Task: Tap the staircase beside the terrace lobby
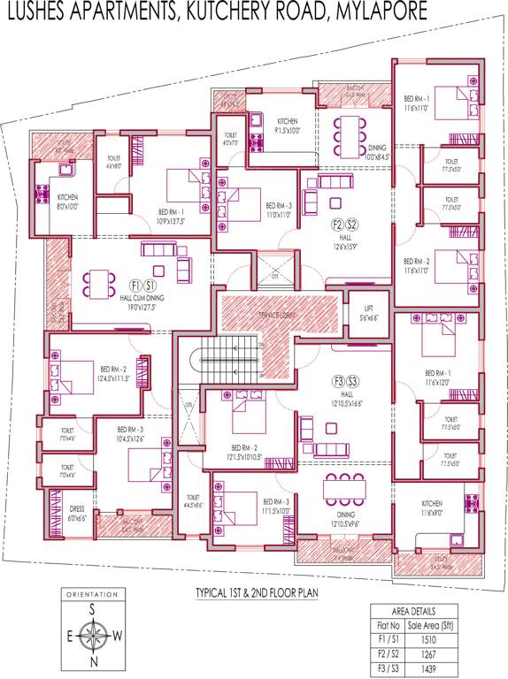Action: [227, 357]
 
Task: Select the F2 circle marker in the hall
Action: [337, 224]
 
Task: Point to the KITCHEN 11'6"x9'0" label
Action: [437, 507]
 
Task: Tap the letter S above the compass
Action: [90, 608]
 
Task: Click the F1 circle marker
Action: [135, 286]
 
